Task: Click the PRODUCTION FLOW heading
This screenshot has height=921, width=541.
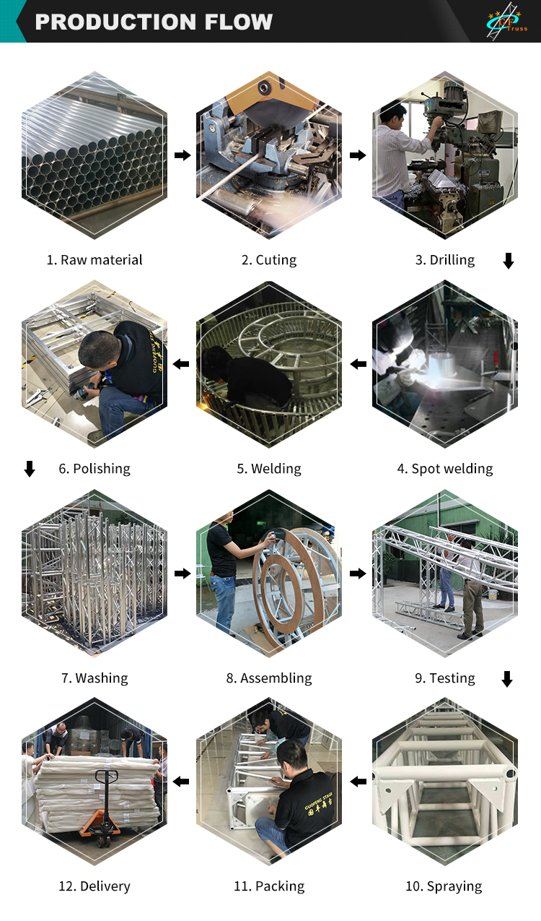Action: coord(154,22)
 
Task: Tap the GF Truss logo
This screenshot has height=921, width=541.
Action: coord(506,21)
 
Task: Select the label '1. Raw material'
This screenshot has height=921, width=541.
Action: coord(94,260)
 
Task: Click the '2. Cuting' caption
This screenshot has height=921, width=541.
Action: coord(269,260)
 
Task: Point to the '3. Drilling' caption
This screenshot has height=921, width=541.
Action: coord(445,260)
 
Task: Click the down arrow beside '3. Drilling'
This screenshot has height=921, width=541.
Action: coord(509,261)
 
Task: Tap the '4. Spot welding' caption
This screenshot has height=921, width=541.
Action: coord(445,469)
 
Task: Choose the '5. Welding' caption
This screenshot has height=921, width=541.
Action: coord(269,469)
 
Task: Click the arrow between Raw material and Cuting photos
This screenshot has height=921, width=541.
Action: coord(182,155)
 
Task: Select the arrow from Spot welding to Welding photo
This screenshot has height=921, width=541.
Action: coord(359,364)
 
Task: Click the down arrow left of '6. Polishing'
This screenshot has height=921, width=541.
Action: coord(30,469)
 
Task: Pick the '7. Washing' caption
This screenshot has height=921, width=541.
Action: coord(94,678)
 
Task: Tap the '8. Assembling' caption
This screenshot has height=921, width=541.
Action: coord(269,678)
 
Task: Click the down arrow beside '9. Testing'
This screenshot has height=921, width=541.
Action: coord(507,679)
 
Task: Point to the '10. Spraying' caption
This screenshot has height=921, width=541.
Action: coord(444,886)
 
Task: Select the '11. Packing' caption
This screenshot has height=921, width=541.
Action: coord(269,886)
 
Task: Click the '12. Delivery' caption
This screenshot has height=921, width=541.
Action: coord(94,886)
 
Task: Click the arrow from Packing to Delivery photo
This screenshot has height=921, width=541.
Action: coord(181,782)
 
